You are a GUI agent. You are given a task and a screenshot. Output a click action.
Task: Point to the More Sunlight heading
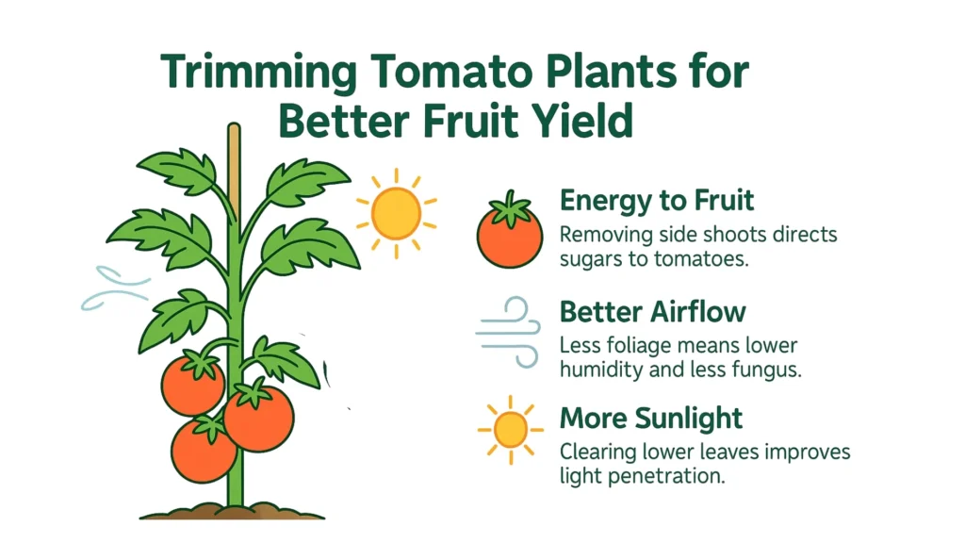(651, 418)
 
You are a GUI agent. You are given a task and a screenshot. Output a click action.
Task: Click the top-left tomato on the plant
(193, 384)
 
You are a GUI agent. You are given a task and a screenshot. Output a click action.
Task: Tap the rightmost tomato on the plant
(259, 418)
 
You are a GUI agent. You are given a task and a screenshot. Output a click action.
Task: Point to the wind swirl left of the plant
(114, 288)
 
